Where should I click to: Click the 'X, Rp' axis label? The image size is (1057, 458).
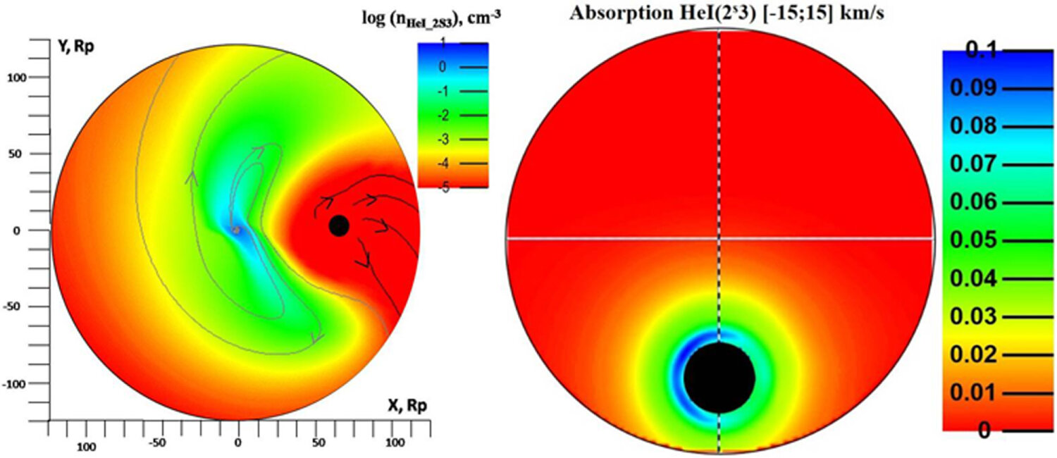pyautogui.click(x=407, y=405)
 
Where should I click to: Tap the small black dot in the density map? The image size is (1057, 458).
pyautogui.click(x=339, y=225)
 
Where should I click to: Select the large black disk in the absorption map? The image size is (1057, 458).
pyautogui.click(x=719, y=377)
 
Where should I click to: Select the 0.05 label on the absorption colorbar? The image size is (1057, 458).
pyautogui.click(x=975, y=241)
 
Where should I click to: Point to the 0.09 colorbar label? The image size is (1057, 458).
pyautogui.click(x=975, y=89)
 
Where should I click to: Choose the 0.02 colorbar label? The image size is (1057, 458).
pyautogui.click(x=975, y=354)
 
